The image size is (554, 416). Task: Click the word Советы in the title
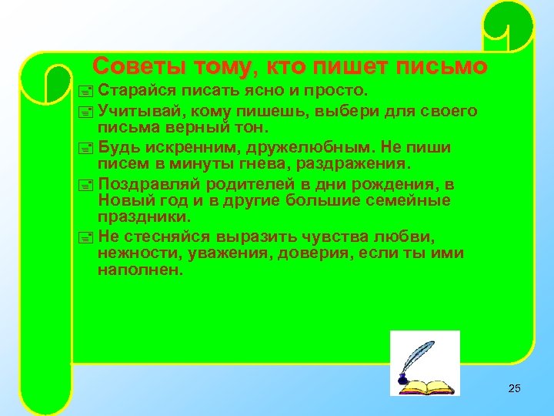(130, 67)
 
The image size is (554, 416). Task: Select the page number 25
(515, 388)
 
